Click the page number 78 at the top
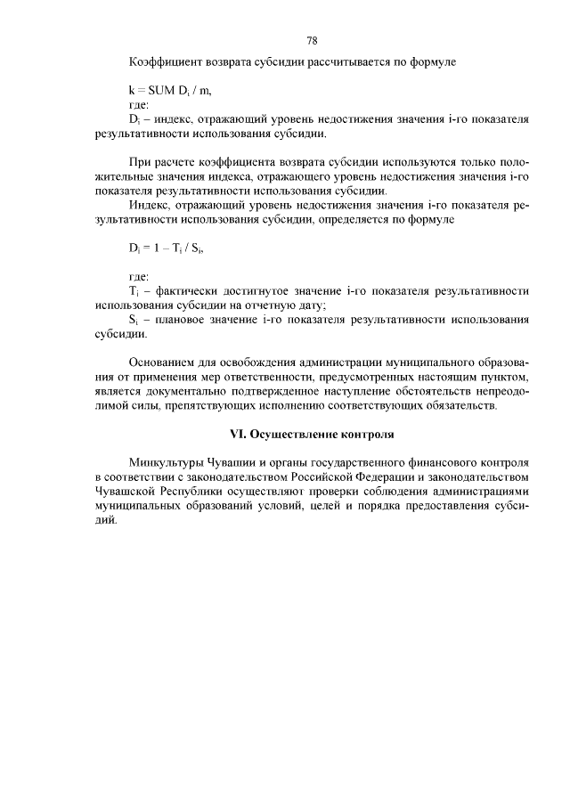pyautogui.click(x=312, y=41)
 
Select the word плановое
pyautogui.click(x=183, y=320)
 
